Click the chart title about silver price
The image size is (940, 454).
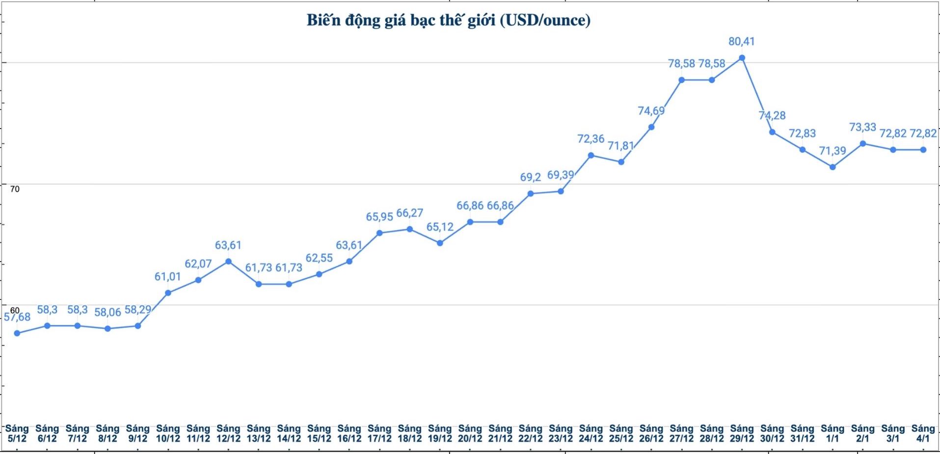pyautogui.click(x=448, y=20)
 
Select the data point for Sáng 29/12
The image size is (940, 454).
pyautogui.click(x=742, y=58)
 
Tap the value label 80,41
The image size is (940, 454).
pyautogui.click(x=741, y=42)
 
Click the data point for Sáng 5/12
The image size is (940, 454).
pyautogui.click(x=17, y=333)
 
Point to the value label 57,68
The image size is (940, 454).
pyautogui.click(x=17, y=317)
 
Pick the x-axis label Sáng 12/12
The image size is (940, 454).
pyautogui.click(x=228, y=433)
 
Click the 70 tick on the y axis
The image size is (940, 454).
pyautogui.click(x=15, y=189)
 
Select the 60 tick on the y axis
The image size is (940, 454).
pyautogui.click(x=15, y=310)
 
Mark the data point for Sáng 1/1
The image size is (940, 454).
pyautogui.click(x=833, y=167)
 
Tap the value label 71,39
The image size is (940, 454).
pyautogui.click(x=833, y=151)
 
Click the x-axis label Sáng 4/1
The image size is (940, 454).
pyautogui.click(x=923, y=433)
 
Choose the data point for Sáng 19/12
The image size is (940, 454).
pyautogui.click(x=440, y=243)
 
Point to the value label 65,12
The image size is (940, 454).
pyautogui.click(x=440, y=227)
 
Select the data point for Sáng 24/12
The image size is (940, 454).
pyautogui.click(x=591, y=155)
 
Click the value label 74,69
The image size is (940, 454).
pyautogui.click(x=651, y=111)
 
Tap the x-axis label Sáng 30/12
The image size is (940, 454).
pyautogui.click(x=772, y=433)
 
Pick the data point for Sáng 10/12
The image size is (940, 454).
pyautogui.click(x=168, y=293)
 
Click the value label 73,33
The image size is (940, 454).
pyautogui.click(x=862, y=127)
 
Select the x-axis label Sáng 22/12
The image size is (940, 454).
pyautogui.click(x=530, y=433)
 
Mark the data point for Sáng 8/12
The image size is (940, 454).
pyautogui.click(x=107, y=328)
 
